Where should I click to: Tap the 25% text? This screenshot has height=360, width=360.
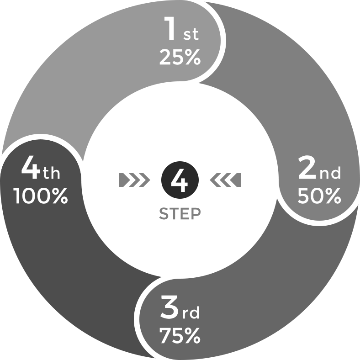point(180,57)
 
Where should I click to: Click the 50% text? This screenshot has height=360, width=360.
point(319,196)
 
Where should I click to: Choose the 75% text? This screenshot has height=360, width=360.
point(180,335)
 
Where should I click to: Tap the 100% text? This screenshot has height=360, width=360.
point(42,196)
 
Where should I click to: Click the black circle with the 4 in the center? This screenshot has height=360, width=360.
point(180,180)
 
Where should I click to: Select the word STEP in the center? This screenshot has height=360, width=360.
point(180,214)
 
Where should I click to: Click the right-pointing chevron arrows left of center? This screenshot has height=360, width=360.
point(134,180)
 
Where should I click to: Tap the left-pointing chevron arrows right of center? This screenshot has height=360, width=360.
point(226,180)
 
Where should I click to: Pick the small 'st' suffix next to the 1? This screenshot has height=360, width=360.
point(191,35)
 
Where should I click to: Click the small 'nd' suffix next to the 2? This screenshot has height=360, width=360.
point(330,173)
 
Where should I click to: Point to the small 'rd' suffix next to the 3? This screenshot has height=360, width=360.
point(191,312)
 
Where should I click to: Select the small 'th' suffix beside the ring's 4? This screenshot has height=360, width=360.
point(52,173)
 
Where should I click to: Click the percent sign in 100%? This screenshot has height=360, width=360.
point(60,196)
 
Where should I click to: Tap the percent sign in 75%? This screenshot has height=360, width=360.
point(192,335)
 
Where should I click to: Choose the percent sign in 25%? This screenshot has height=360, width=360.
point(193,57)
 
